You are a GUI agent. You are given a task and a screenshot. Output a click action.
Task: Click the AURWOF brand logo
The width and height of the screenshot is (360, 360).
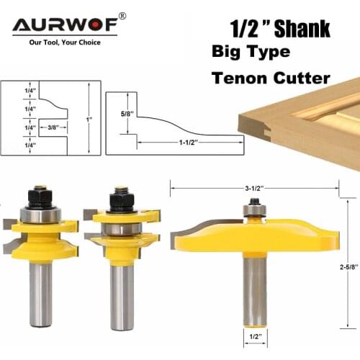[67, 26]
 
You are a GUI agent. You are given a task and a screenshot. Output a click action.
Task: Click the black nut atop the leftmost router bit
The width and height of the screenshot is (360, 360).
[40, 196]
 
